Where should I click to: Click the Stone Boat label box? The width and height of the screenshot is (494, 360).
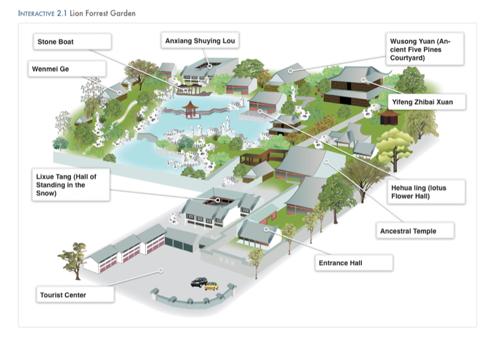click(72, 41)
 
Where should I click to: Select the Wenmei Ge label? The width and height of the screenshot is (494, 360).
click(67, 69)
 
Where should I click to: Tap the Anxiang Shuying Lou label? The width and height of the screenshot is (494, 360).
click(199, 40)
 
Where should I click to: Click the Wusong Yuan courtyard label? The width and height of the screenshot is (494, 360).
click(425, 49)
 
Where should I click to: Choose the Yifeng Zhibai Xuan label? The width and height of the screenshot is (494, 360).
click(427, 102)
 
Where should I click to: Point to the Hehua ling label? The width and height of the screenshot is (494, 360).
click(426, 192)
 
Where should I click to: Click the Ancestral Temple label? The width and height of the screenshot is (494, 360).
click(415, 231)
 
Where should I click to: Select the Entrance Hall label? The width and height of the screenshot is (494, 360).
click(354, 262)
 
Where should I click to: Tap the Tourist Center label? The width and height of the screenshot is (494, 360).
click(75, 295)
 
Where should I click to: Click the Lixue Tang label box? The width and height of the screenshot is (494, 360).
click(71, 185)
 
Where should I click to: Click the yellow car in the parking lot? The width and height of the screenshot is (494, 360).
click(211, 286)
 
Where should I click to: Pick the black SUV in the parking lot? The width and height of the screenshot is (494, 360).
click(199, 282)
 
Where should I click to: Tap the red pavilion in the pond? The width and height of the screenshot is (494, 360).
click(190, 109)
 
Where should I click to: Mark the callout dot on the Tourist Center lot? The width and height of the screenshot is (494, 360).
click(161, 270)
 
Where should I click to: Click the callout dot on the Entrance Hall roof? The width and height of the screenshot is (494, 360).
click(266, 229)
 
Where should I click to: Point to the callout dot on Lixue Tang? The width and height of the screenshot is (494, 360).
click(218, 200)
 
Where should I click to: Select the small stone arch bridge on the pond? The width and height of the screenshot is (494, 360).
click(148, 137)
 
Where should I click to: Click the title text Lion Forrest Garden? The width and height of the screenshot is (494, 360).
click(103, 13)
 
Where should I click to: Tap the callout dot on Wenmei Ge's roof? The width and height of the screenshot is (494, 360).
click(119, 93)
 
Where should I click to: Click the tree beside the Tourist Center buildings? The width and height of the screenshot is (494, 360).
click(73, 261)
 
